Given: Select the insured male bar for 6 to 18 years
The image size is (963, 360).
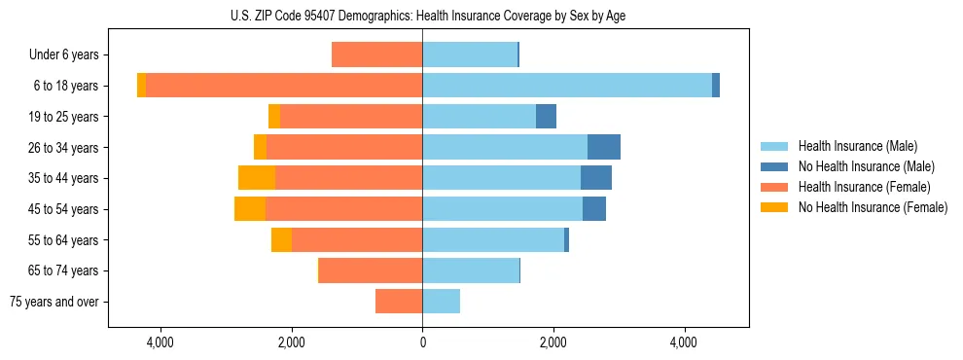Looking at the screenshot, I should point(566,86).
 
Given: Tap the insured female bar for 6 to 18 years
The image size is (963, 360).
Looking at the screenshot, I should point(284,86).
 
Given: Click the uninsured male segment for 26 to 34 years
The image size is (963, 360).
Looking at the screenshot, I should point(604,147).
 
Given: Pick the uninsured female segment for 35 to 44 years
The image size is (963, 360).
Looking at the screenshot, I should point(257,178).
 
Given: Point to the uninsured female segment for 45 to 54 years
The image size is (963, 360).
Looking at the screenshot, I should point(250,208).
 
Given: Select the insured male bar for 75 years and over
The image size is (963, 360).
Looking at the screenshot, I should point(441,302).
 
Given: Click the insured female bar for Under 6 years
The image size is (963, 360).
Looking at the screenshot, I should point(376,54).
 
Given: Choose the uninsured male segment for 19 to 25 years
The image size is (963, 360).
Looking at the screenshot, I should point(546,117).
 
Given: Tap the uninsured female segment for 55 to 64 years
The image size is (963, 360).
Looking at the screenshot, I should point(281,239).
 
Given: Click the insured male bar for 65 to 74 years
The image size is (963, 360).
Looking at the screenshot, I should point(471,270).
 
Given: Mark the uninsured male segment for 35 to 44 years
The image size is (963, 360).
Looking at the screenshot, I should point(596,178).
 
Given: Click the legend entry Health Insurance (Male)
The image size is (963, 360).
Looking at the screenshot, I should point(857,146).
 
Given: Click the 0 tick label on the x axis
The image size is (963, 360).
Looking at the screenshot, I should point(422,342).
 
